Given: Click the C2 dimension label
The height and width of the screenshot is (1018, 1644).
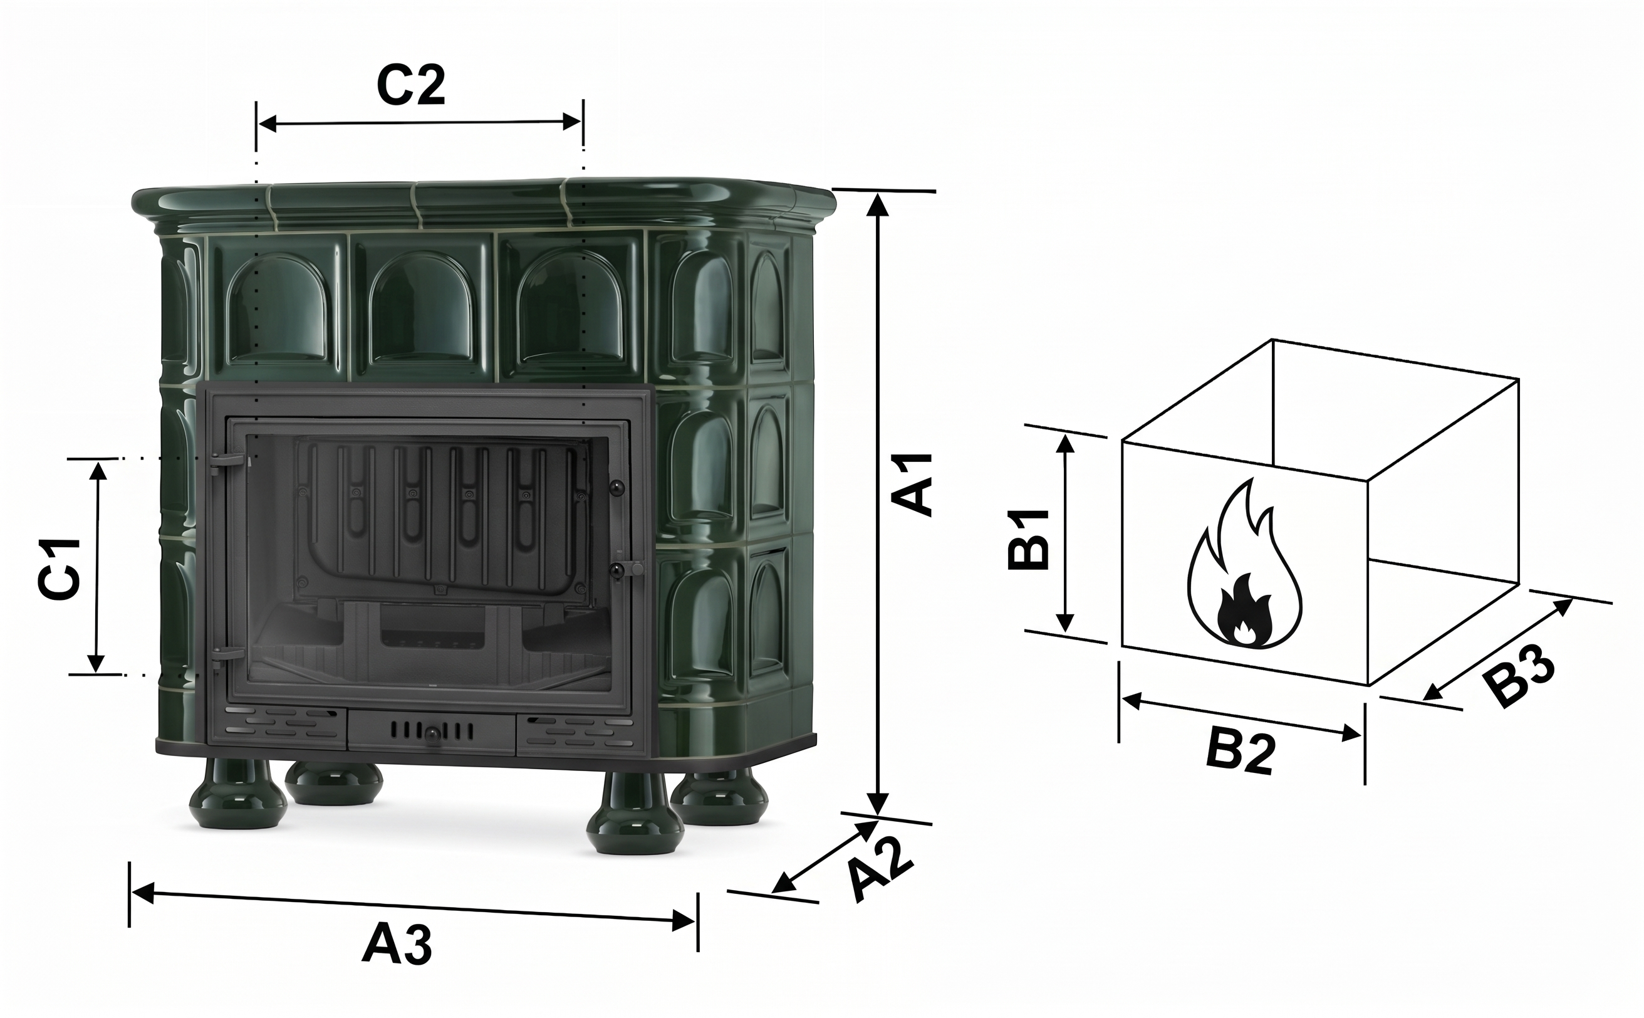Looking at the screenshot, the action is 410,86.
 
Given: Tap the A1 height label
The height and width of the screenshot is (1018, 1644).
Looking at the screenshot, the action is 912,483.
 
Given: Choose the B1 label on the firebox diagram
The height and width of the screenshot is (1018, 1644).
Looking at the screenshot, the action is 1028,538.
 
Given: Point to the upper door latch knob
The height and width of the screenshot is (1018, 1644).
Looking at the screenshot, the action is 616,487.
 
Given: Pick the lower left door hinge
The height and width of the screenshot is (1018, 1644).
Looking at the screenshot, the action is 227,654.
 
